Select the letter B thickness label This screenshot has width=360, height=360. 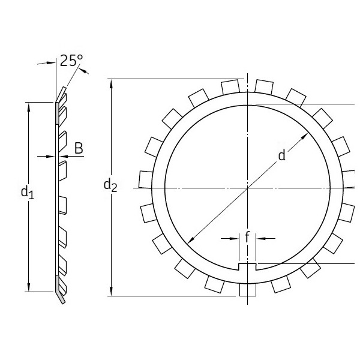(79, 148)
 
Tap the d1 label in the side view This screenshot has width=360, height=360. (27, 192)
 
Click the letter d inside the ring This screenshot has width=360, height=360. (281, 156)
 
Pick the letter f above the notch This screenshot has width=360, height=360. (247, 238)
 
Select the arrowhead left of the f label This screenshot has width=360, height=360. (236, 238)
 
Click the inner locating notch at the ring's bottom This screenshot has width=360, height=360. (247, 266)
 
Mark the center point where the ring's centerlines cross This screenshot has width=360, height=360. (247, 188)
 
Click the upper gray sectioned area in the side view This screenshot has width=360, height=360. (58, 110)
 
